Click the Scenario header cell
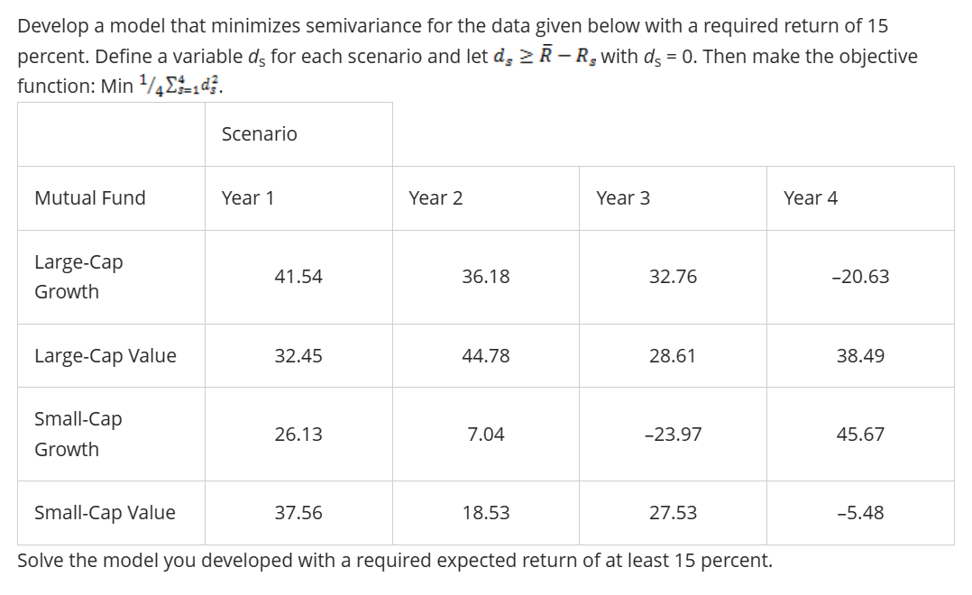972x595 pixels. click(259, 134)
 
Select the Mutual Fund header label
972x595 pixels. click(89, 198)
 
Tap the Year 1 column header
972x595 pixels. click(248, 198)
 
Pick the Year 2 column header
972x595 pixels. click(436, 198)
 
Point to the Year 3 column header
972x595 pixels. click(623, 198)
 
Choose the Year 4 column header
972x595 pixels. click(811, 198)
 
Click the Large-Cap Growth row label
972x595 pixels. click(78, 277)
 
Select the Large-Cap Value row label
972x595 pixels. click(105, 356)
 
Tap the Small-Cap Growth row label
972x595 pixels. click(78, 434)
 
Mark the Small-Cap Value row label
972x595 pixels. click(105, 513)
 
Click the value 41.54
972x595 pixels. click(298, 277)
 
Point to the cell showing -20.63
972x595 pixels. click(860, 277)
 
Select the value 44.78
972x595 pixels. click(486, 356)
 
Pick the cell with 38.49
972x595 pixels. click(860, 356)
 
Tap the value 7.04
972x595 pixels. click(486, 435)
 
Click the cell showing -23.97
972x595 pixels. click(673, 435)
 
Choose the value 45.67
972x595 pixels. click(860, 435)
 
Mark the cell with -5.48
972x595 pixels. click(860, 513)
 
